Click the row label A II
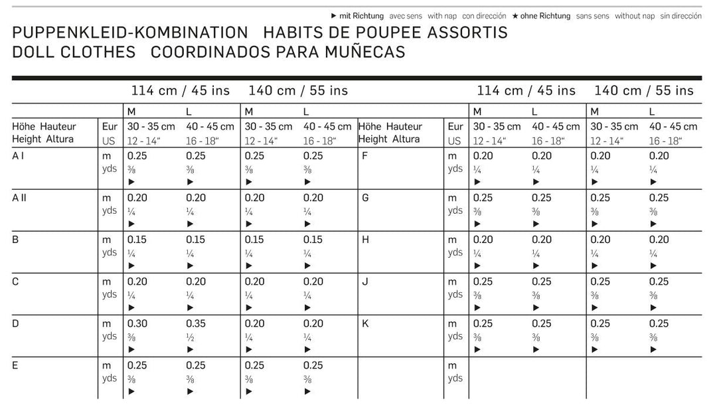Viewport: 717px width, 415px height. [x=19, y=198]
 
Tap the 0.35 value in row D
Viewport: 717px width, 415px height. [x=195, y=323]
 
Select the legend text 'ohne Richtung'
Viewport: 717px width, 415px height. [x=545, y=16]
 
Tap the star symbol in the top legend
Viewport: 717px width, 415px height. [x=515, y=16]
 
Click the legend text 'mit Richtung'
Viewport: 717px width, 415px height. [x=361, y=16]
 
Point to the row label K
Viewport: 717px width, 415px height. [x=365, y=323]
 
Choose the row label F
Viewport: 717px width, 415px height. [x=364, y=156]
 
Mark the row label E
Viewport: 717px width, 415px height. [x=15, y=365]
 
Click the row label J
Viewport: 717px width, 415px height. [x=364, y=282]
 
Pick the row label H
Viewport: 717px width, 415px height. [x=365, y=240]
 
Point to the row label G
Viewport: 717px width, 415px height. [x=365, y=198]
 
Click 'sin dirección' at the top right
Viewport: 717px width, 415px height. [x=681, y=16]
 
